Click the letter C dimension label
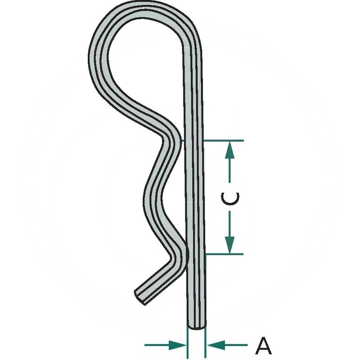230,198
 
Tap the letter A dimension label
264,346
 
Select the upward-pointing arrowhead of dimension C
229,150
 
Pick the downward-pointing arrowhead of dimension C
229,245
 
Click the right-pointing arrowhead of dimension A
178,345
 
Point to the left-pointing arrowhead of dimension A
216,345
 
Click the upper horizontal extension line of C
224,140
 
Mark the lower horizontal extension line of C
225,254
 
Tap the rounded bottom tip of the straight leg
197,325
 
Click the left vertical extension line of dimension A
188,343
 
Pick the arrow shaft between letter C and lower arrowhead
229,224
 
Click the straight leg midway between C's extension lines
195,198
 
